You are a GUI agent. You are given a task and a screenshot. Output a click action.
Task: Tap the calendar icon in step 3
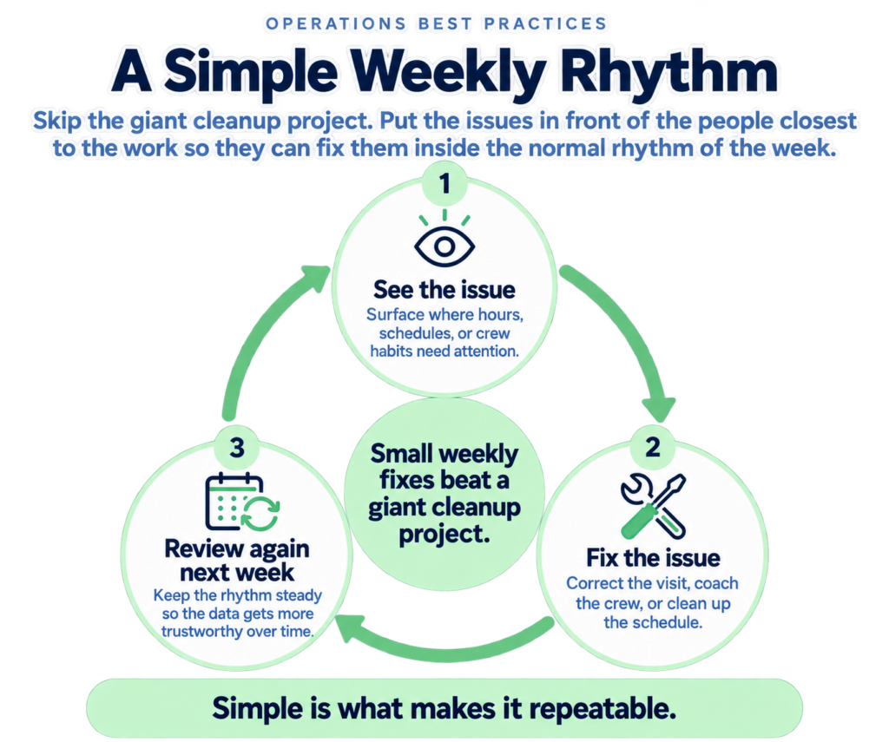[x=241, y=502]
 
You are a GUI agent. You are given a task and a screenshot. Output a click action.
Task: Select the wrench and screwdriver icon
[x=653, y=506]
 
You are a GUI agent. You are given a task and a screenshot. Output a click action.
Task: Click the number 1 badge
[x=444, y=184]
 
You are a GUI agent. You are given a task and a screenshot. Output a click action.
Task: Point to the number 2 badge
[x=653, y=447]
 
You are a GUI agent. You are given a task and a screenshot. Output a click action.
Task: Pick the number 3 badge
[x=237, y=447]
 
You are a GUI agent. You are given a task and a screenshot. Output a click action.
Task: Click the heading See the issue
[x=444, y=290]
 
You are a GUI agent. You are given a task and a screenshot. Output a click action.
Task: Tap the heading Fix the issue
[x=653, y=558]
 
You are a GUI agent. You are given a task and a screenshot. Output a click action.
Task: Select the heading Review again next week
[x=237, y=561]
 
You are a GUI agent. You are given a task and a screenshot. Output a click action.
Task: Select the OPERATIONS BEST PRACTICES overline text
[x=436, y=23]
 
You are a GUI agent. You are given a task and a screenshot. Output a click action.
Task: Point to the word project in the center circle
[x=444, y=535]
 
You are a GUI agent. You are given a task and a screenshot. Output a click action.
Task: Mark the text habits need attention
[x=444, y=351]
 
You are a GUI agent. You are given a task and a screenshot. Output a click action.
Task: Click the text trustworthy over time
[x=238, y=632]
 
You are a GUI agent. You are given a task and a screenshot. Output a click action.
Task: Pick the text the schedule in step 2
[x=653, y=622]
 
